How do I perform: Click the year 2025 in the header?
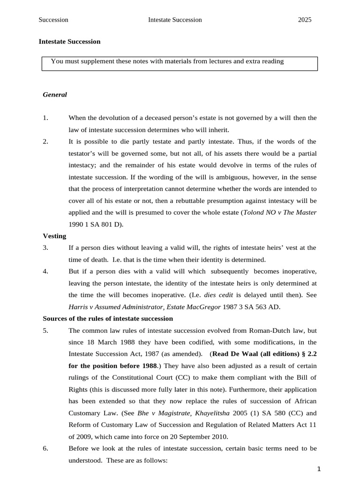click(305, 20)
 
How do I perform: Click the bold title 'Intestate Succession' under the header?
click(69, 41)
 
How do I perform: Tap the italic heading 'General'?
click(55, 95)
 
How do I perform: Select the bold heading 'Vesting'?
click(54, 236)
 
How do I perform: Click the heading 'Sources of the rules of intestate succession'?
click(108, 319)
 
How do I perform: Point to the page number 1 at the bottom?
click(318, 469)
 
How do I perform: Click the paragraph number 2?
click(45, 142)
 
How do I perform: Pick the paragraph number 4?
click(45, 271)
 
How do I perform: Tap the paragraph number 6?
click(45, 448)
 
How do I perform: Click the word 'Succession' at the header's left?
click(53, 20)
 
